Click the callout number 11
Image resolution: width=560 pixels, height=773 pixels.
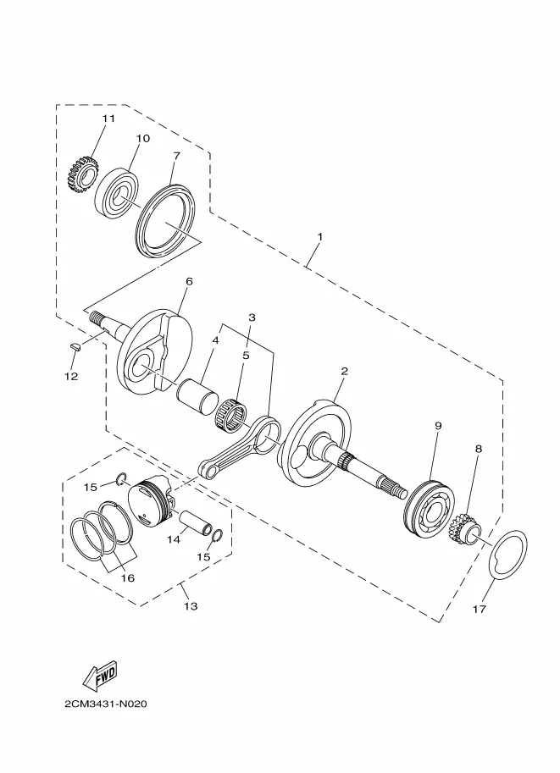coord(108,119)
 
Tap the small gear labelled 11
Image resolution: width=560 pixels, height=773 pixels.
coord(80,174)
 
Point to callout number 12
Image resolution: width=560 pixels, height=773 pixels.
coord(71,376)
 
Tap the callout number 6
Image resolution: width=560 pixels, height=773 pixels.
coord(189,281)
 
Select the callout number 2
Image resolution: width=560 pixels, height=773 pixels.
coord(345,371)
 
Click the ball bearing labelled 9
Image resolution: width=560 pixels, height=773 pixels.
coord(429,510)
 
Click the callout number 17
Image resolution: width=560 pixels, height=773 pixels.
coord(479,610)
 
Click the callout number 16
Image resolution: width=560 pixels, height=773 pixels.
coord(128,577)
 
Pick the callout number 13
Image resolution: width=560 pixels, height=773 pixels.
coord(191,606)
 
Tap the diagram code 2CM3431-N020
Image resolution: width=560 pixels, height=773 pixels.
coord(106,704)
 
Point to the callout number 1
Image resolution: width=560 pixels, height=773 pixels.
coord(319,236)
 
